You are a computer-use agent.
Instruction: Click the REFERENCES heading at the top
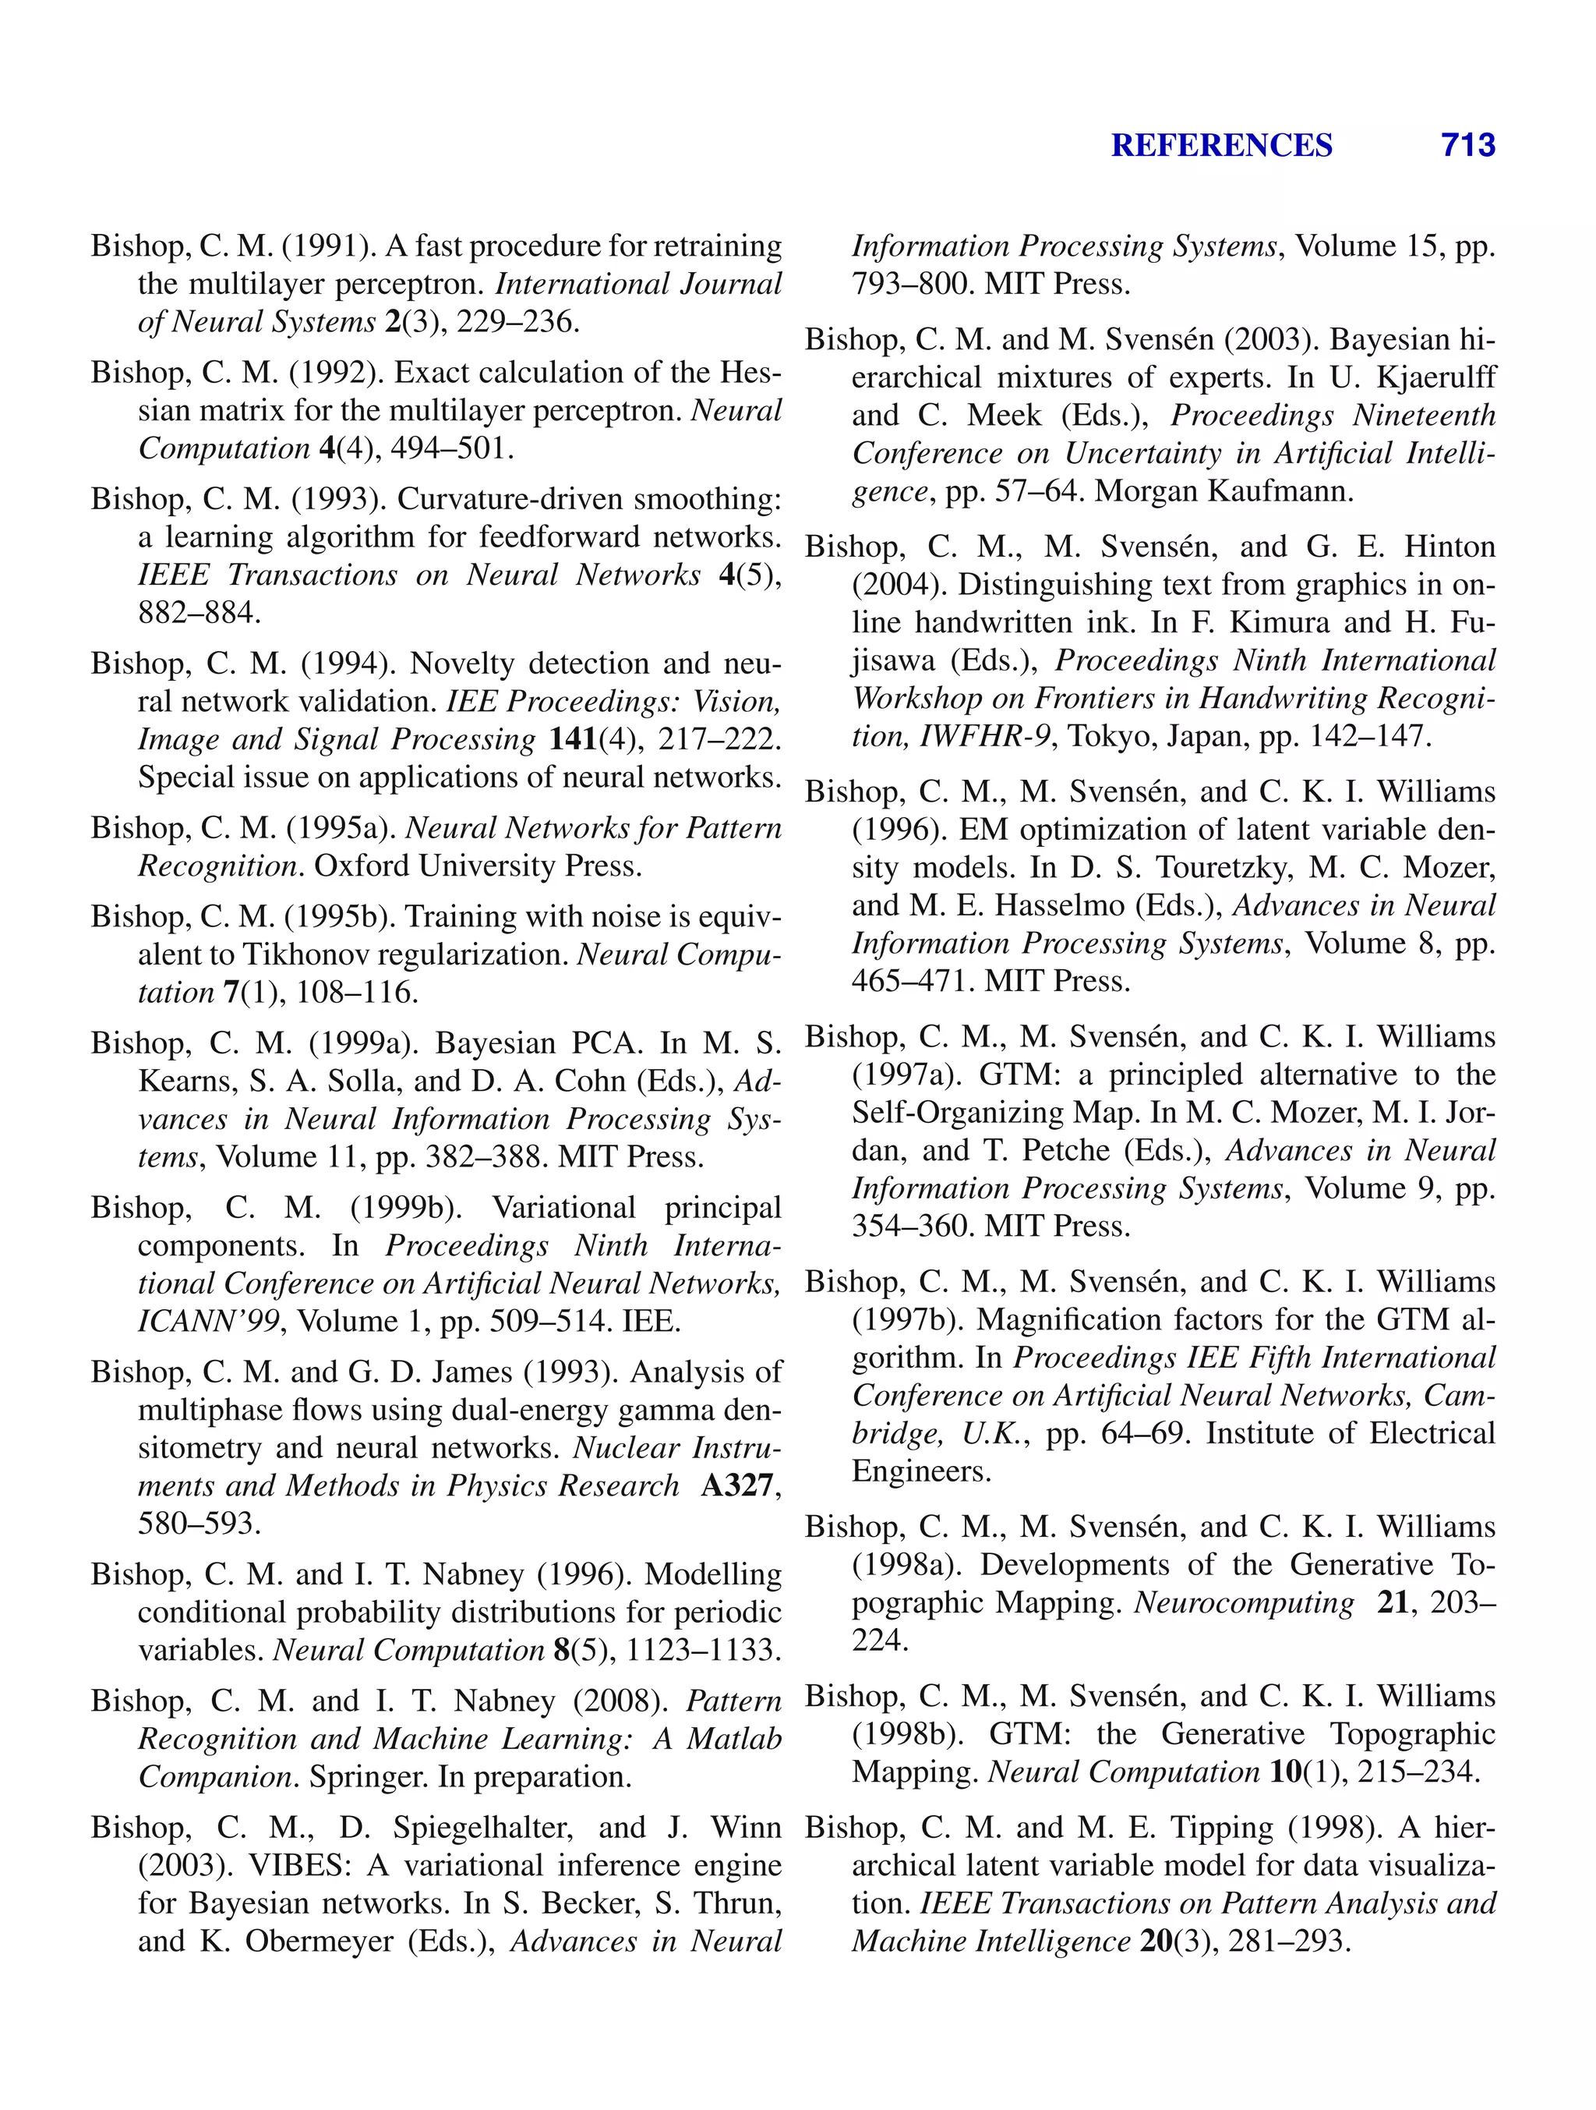pyautogui.click(x=1221, y=145)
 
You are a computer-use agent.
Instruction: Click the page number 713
pyautogui.click(x=1467, y=145)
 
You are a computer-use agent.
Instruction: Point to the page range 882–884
pyautogui.click(x=198, y=612)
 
